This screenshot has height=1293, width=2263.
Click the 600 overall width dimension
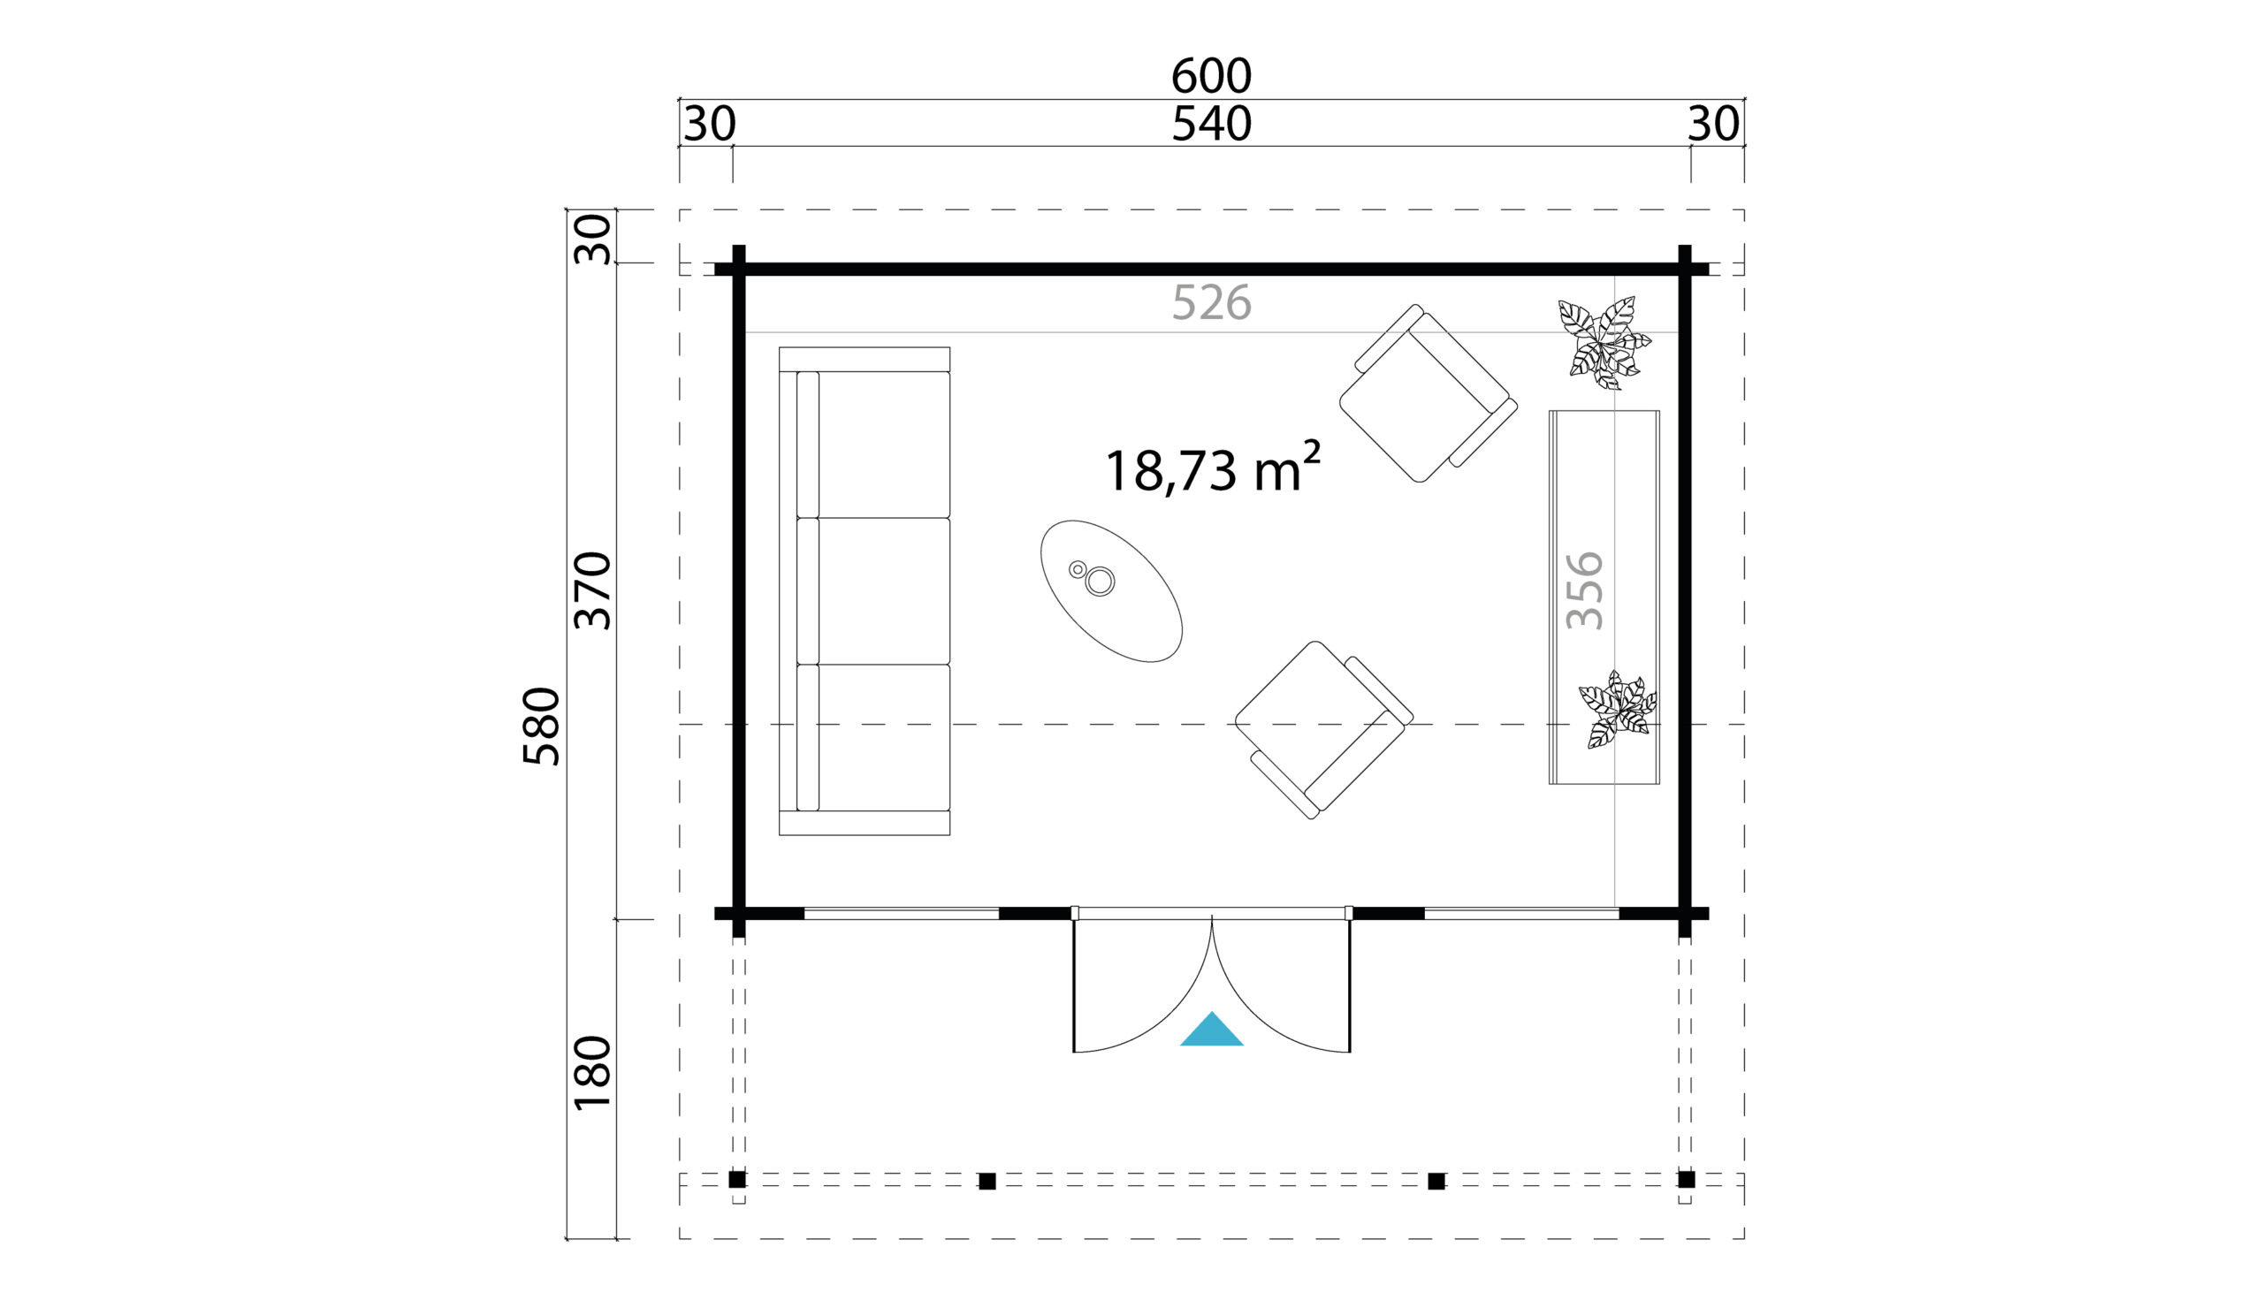tap(1211, 76)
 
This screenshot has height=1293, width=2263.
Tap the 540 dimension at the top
tap(1211, 125)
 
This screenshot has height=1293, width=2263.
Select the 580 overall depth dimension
tap(542, 726)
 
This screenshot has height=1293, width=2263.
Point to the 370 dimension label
tap(592, 590)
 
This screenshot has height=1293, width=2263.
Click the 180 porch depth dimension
tap(592, 1073)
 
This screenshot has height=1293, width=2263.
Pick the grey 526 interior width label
tap(1211, 304)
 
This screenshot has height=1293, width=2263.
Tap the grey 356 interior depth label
tap(1584, 590)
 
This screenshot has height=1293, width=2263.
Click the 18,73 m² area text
tap(1213, 468)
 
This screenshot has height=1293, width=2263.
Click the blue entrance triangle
tap(1211, 1030)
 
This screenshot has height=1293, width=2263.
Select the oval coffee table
tap(1111, 591)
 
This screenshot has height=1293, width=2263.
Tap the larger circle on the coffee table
tap(1100, 582)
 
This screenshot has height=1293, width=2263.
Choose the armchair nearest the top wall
tap(1429, 393)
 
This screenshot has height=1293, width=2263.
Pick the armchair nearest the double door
tap(1323, 730)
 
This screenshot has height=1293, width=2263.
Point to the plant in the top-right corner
tap(1604, 343)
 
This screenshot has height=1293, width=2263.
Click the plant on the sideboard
tap(1618, 710)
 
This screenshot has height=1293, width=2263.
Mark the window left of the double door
tap(902, 914)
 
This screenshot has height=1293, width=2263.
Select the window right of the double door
tap(1521, 914)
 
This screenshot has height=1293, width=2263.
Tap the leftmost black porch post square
tap(737, 1180)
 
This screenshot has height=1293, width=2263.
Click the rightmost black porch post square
tap(1687, 1180)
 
